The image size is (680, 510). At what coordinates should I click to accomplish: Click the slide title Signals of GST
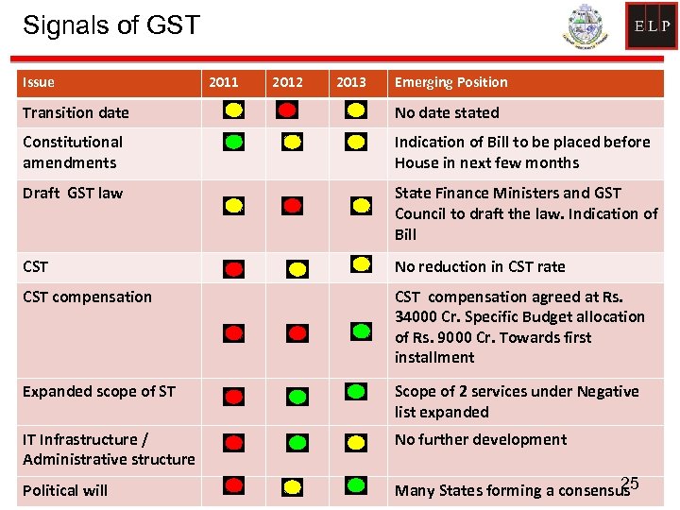pos(111,25)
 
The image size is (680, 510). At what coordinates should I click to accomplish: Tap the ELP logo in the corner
pos(651,26)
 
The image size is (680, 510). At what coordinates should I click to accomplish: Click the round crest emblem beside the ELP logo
pos(587,27)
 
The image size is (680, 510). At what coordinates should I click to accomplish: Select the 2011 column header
pos(224,82)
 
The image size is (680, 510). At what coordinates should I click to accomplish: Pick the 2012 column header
pos(287,82)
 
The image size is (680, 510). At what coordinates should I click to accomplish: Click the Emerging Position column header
pos(450,82)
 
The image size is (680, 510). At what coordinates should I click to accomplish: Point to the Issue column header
pos(39,82)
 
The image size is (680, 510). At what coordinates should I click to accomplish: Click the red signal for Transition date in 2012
pos(287,110)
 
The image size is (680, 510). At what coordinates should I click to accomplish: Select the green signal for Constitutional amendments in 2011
pos(233,143)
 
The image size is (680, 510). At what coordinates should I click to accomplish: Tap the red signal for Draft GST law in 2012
pos(293,205)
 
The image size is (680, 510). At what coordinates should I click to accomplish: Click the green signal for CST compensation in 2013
pos(361,331)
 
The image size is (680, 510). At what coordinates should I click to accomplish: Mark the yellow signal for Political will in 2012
pos(293,487)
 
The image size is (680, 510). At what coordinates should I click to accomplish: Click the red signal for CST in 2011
pos(233,268)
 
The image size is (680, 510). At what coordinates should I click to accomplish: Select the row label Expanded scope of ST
pos(99,391)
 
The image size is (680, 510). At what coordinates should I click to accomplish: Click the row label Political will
pos(65,490)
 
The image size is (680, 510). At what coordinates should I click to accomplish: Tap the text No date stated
pos(447,112)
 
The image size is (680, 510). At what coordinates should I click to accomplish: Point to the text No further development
pos(481,439)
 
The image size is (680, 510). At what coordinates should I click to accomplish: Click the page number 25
pos(631,484)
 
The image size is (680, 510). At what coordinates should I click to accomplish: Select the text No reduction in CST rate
pos(480,266)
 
